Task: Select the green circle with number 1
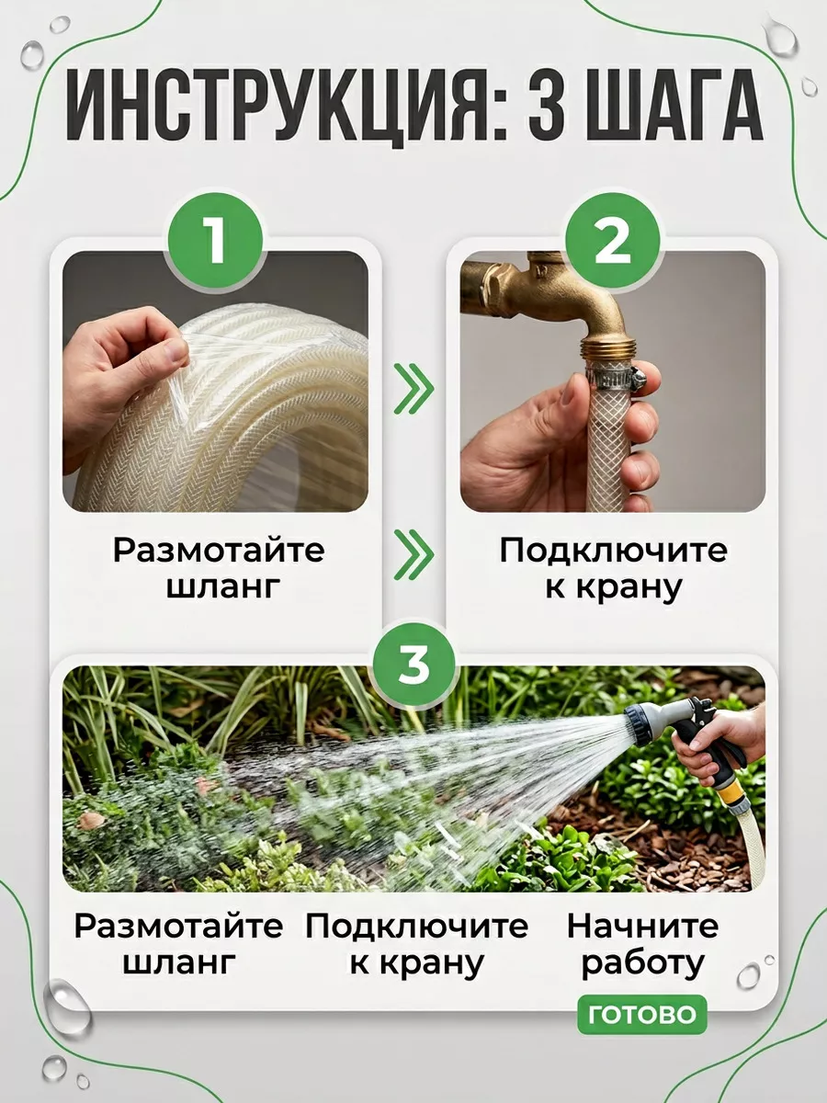tap(216, 241)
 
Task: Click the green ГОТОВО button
tap(642, 1015)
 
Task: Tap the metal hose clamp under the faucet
tap(611, 375)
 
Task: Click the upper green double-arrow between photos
tap(413, 389)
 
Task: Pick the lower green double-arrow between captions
tap(413, 554)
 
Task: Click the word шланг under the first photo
tap(221, 586)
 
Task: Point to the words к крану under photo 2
tap(613, 586)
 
